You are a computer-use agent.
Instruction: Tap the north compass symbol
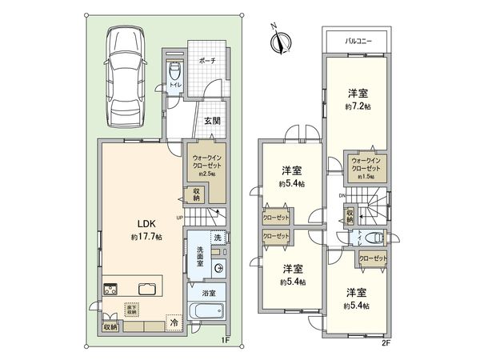click(x=279, y=40)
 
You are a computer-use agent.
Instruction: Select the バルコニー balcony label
click(x=356, y=38)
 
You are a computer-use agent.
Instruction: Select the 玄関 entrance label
click(x=212, y=122)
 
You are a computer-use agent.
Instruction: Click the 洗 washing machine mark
click(x=216, y=238)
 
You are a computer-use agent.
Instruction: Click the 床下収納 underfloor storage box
click(x=130, y=309)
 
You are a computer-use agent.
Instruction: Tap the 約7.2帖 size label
click(x=358, y=106)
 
